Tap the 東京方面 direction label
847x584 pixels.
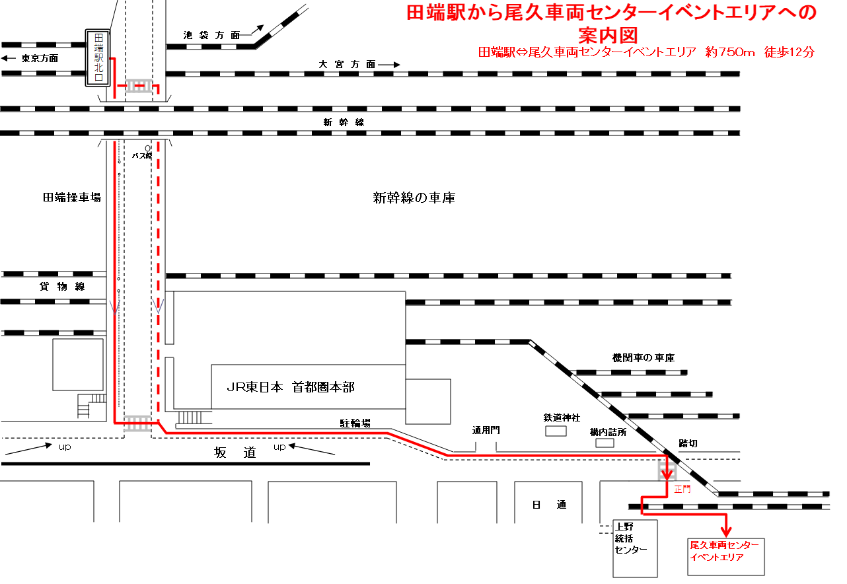40,58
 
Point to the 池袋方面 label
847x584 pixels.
211,35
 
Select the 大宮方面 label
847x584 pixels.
347,64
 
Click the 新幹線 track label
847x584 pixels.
344,122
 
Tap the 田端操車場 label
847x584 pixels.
72,198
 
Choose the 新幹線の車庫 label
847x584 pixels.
414,198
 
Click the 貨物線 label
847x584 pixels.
62,287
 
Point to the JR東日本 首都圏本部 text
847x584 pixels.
291,387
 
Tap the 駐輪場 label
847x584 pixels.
355,423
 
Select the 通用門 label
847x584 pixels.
486,430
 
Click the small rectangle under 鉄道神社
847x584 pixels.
556,431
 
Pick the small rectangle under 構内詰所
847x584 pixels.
605,443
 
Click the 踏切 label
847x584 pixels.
688,443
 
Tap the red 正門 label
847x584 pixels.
682,489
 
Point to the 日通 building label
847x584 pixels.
549,505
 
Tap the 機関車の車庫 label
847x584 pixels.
644,357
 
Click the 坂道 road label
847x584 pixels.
235,453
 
